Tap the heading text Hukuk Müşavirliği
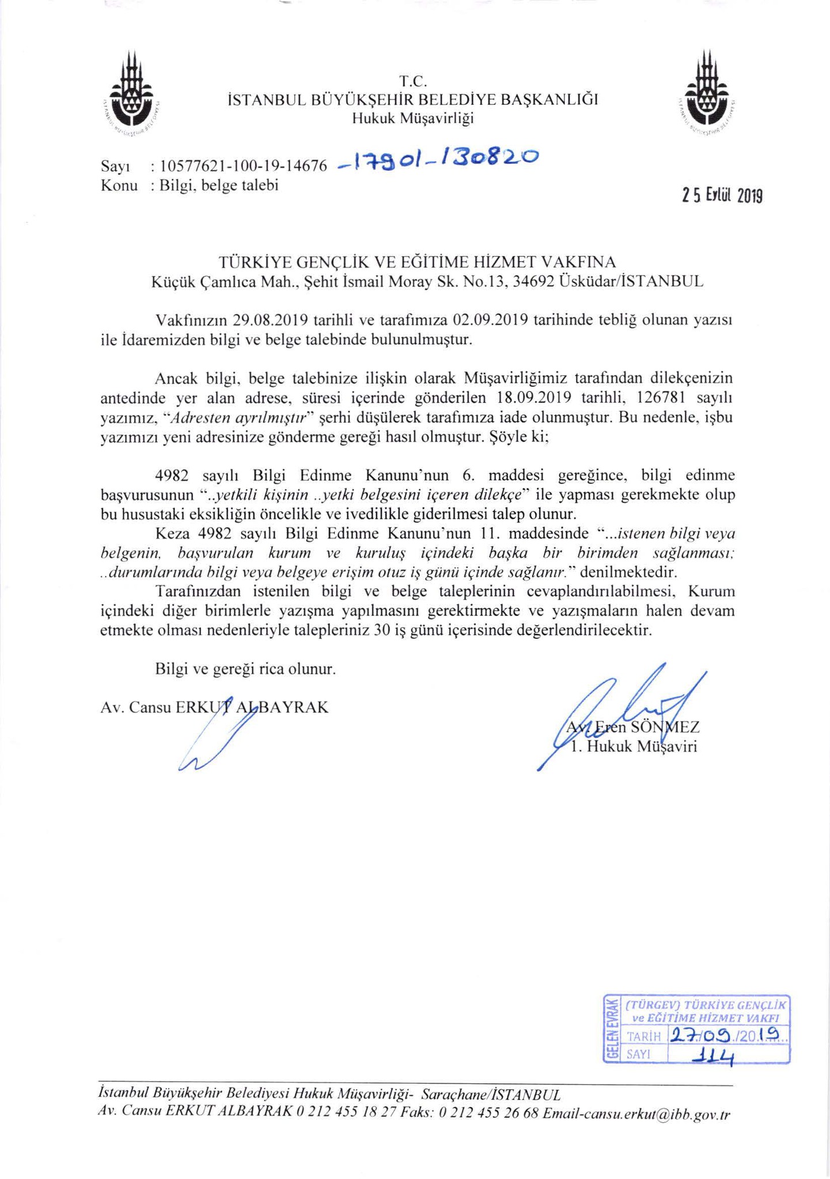(x=412, y=119)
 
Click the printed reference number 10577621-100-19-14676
(x=244, y=166)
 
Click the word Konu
(x=119, y=185)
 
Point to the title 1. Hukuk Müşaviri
(x=633, y=747)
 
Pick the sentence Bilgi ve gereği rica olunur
(x=245, y=670)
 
